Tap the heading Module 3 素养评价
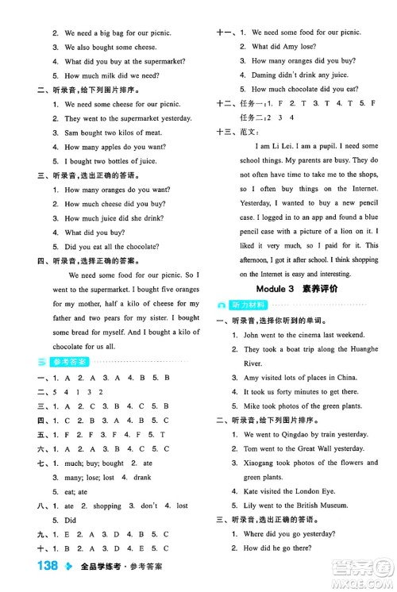point(298,288)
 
